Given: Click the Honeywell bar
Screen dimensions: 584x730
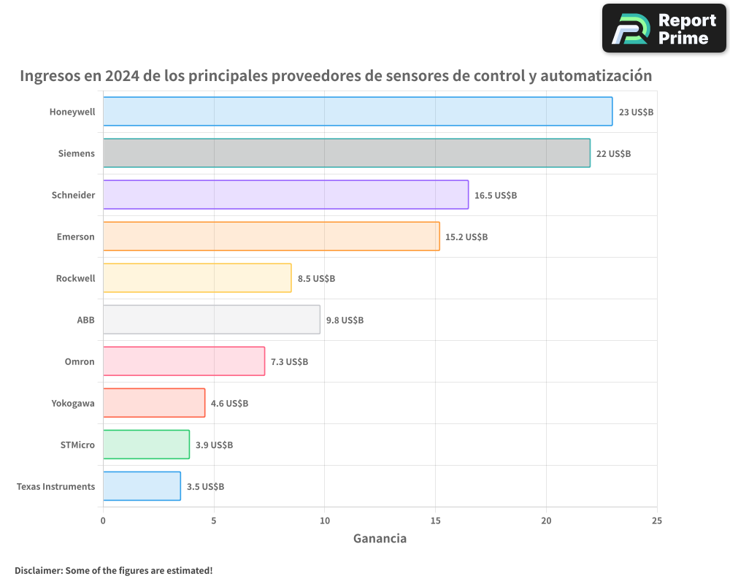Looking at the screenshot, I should (358, 112).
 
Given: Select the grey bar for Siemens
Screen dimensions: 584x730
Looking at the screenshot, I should (346, 153).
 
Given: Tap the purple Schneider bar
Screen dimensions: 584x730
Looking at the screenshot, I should (285, 195).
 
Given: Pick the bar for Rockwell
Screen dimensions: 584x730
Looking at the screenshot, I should (197, 278).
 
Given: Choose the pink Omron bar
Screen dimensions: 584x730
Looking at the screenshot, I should (184, 361).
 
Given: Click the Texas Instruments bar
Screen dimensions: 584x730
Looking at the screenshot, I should (142, 486).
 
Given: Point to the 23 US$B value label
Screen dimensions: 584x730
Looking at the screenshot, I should (636, 112).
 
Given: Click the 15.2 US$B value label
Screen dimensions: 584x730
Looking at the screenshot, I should (466, 237).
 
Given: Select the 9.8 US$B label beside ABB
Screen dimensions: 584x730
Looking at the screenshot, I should (345, 320).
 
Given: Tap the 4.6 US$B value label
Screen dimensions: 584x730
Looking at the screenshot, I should (229, 404).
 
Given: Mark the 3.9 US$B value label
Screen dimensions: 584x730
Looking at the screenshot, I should (214, 445).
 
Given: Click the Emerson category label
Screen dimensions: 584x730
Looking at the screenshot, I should (76, 237).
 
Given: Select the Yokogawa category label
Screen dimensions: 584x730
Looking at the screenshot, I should (73, 404).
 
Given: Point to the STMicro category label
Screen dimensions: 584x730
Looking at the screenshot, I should (77, 445).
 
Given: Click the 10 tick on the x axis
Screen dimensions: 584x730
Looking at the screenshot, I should (325, 521).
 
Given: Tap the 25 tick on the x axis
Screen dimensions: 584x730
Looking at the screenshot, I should (657, 521).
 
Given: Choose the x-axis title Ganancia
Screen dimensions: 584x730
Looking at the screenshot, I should (380, 539).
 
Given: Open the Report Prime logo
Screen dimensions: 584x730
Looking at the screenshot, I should (664, 28).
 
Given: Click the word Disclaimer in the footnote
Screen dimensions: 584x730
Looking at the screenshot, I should (38, 571).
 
